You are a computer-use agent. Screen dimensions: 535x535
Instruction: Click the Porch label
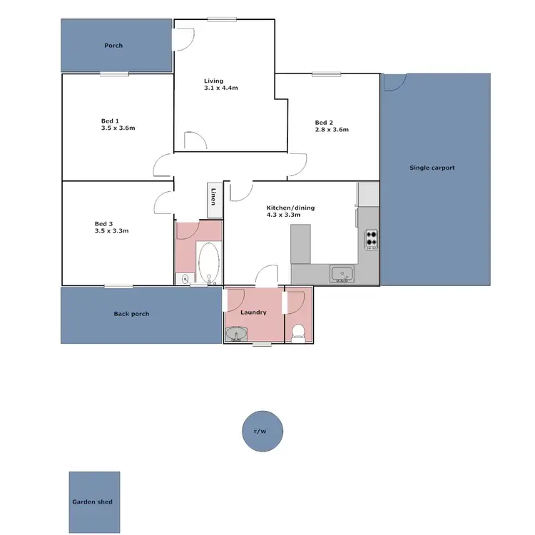coord(113,46)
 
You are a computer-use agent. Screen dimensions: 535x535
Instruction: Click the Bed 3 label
coord(104,223)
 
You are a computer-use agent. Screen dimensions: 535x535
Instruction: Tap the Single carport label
coord(432,168)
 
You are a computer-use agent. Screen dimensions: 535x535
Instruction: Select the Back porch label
coord(131,314)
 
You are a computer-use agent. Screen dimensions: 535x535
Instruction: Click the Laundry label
coord(253,312)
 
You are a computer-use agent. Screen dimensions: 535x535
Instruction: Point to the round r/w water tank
coord(263,432)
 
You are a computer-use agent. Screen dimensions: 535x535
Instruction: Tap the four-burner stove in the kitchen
coord(371,238)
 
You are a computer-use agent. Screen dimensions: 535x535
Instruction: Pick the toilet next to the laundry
coord(299,332)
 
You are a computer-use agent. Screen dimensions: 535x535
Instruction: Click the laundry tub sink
coord(236,333)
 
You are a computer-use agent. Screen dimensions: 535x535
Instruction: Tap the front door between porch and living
coord(183,39)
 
